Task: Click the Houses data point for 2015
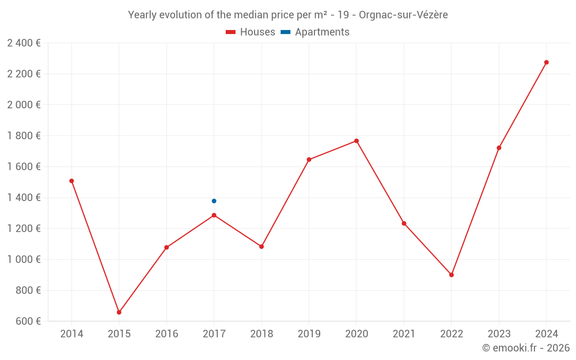coord(119,312)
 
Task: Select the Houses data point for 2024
coord(547,62)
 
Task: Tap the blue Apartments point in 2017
coord(214,201)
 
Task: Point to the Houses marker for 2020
coord(357,141)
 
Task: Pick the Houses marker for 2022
coord(452,275)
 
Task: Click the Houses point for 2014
coord(71,181)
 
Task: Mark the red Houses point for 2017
coord(214,215)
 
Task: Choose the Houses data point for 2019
coord(309,160)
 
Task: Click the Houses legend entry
coord(251,32)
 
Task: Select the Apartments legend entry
coord(315,32)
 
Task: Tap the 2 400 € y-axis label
coord(24,43)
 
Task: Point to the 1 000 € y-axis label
coord(24,259)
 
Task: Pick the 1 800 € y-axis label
coord(24,135)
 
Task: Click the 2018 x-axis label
coord(262,334)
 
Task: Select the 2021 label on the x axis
coord(404,334)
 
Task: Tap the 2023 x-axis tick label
coord(499,334)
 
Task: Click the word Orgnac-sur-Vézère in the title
coord(403,15)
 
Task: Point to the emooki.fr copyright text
coord(526,348)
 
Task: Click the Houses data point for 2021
coord(404,223)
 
